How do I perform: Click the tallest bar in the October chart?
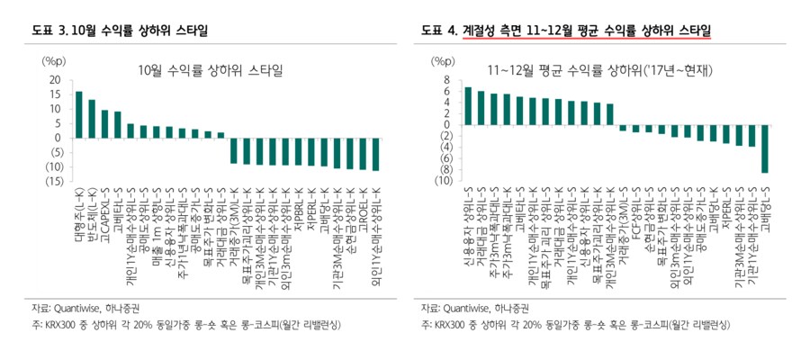[x=79, y=115]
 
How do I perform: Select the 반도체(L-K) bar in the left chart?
[x=92, y=119]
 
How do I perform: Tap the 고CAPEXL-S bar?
[x=105, y=124]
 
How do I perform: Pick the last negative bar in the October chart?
[x=375, y=154]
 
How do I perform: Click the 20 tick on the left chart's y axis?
[x=54, y=80]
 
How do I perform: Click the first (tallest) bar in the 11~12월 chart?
[x=468, y=105]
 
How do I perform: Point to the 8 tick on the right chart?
[x=445, y=80]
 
